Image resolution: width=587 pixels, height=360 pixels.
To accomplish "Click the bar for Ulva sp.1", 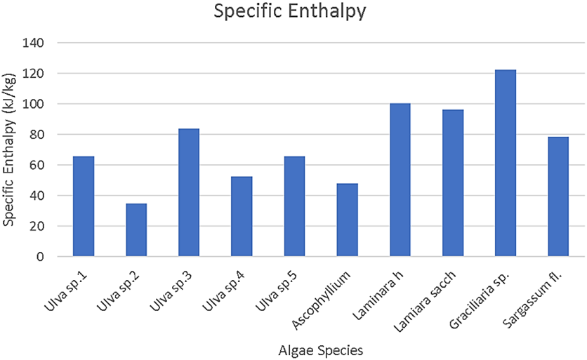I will point(84,206).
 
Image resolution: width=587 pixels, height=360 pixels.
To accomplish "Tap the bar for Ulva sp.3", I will point(189,193).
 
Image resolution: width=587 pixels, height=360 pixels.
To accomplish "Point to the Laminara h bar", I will point(400,180).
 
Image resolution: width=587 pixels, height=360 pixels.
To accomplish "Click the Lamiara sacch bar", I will point(452,183).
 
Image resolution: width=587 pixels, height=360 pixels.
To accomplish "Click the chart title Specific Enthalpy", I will point(293,12).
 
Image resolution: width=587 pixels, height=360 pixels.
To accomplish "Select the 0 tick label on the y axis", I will point(41,257).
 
